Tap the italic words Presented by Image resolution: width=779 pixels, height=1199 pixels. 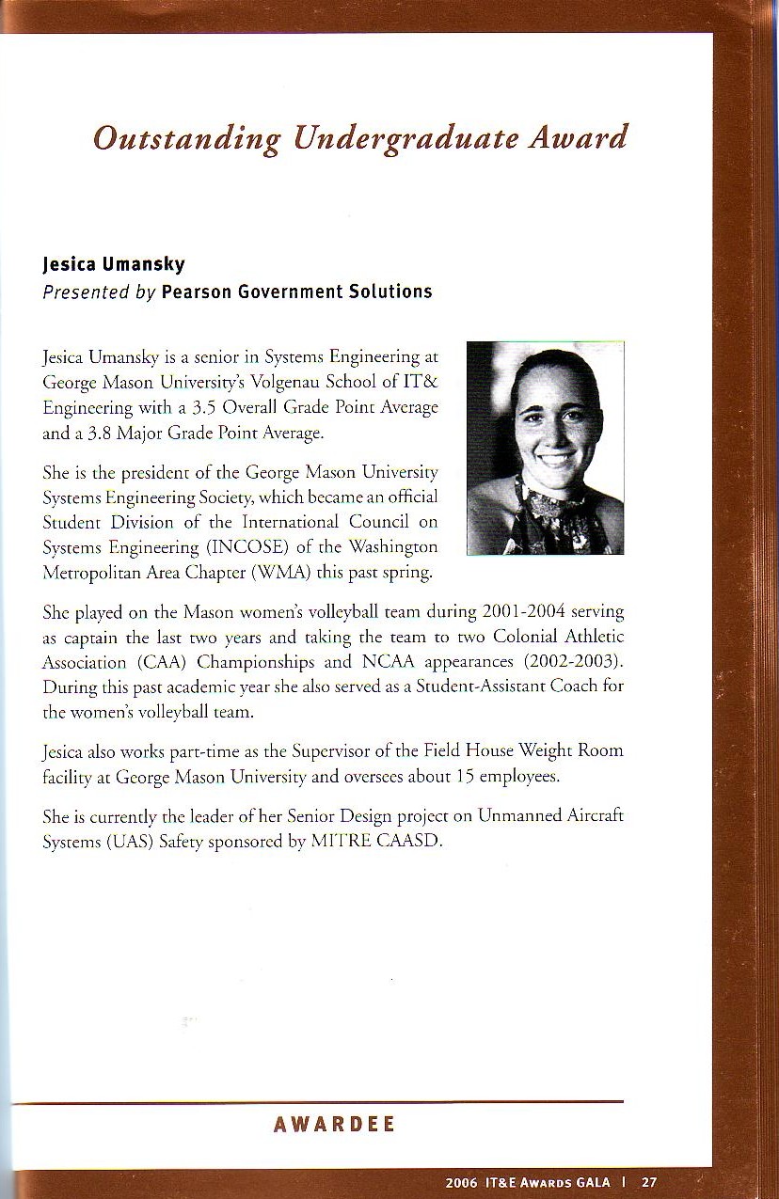[99, 292]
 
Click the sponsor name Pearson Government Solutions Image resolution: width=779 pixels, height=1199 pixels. [296, 292]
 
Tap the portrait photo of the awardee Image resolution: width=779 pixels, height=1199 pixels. [545, 448]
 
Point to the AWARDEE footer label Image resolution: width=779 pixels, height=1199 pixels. [334, 1125]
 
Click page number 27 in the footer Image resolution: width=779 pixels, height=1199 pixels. [649, 1183]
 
